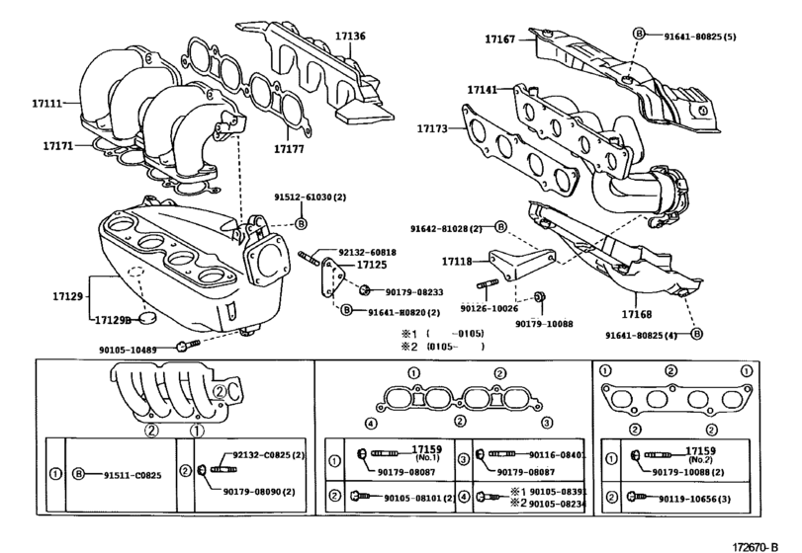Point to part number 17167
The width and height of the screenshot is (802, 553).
[501, 39]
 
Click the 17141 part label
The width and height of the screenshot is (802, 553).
[484, 89]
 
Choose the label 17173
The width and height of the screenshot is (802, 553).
[433, 128]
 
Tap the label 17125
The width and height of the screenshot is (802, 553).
[372, 265]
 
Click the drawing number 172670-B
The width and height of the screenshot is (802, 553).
[759, 541]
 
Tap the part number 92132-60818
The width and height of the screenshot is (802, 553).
[380, 252]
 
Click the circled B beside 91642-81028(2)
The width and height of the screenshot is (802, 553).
[501, 228]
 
